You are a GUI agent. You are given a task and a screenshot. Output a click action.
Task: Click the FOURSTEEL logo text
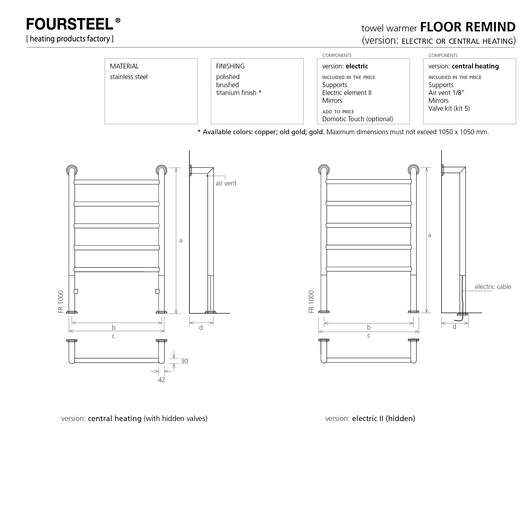point(70,24)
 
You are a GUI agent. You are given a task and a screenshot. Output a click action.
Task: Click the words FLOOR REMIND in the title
point(468,27)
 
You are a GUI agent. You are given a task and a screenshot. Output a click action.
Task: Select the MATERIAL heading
point(124,66)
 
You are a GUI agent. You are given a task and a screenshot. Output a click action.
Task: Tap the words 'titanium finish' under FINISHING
point(236,93)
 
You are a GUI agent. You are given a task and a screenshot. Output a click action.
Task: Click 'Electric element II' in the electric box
point(347,93)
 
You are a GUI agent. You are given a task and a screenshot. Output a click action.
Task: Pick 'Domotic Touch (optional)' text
point(357,119)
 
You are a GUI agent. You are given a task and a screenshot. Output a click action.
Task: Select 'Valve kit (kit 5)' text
point(449,109)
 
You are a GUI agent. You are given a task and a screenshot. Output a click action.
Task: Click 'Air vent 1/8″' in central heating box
point(446,93)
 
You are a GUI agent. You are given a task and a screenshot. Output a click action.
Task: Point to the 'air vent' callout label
point(226,183)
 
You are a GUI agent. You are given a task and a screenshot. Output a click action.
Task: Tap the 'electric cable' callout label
point(493,287)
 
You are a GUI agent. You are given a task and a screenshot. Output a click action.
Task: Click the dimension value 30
point(184,361)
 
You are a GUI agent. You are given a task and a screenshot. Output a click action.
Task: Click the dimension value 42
point(161,380)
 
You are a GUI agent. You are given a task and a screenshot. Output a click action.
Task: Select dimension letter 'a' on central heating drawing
point(181,240)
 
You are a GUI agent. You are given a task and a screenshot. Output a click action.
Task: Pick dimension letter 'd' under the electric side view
point(454,327)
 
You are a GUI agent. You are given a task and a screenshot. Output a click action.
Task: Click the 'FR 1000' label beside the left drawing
point(61,302)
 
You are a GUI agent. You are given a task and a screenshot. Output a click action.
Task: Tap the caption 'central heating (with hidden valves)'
point(147,419)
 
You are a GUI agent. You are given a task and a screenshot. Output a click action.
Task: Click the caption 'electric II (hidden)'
point(383,419)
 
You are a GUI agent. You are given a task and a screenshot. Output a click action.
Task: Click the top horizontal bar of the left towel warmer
point(116,182)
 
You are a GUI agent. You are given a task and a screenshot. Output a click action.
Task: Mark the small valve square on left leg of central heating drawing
point(76,291)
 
